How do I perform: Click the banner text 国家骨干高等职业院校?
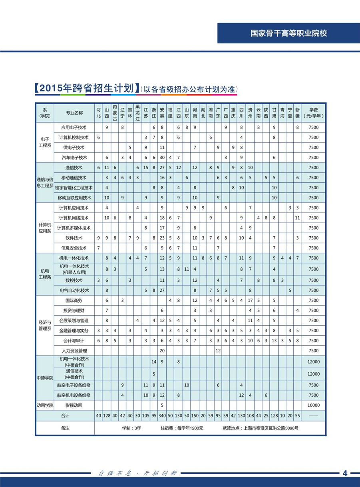[x=288, y=34]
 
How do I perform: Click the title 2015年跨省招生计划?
[x=86, y=89]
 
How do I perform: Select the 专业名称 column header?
[x=74, y=113]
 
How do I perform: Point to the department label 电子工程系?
[x=45, y=143]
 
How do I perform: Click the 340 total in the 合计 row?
[x=162, y=416]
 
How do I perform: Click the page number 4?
[x=344, y=473]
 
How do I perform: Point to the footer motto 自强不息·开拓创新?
[x=138, y=473]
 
